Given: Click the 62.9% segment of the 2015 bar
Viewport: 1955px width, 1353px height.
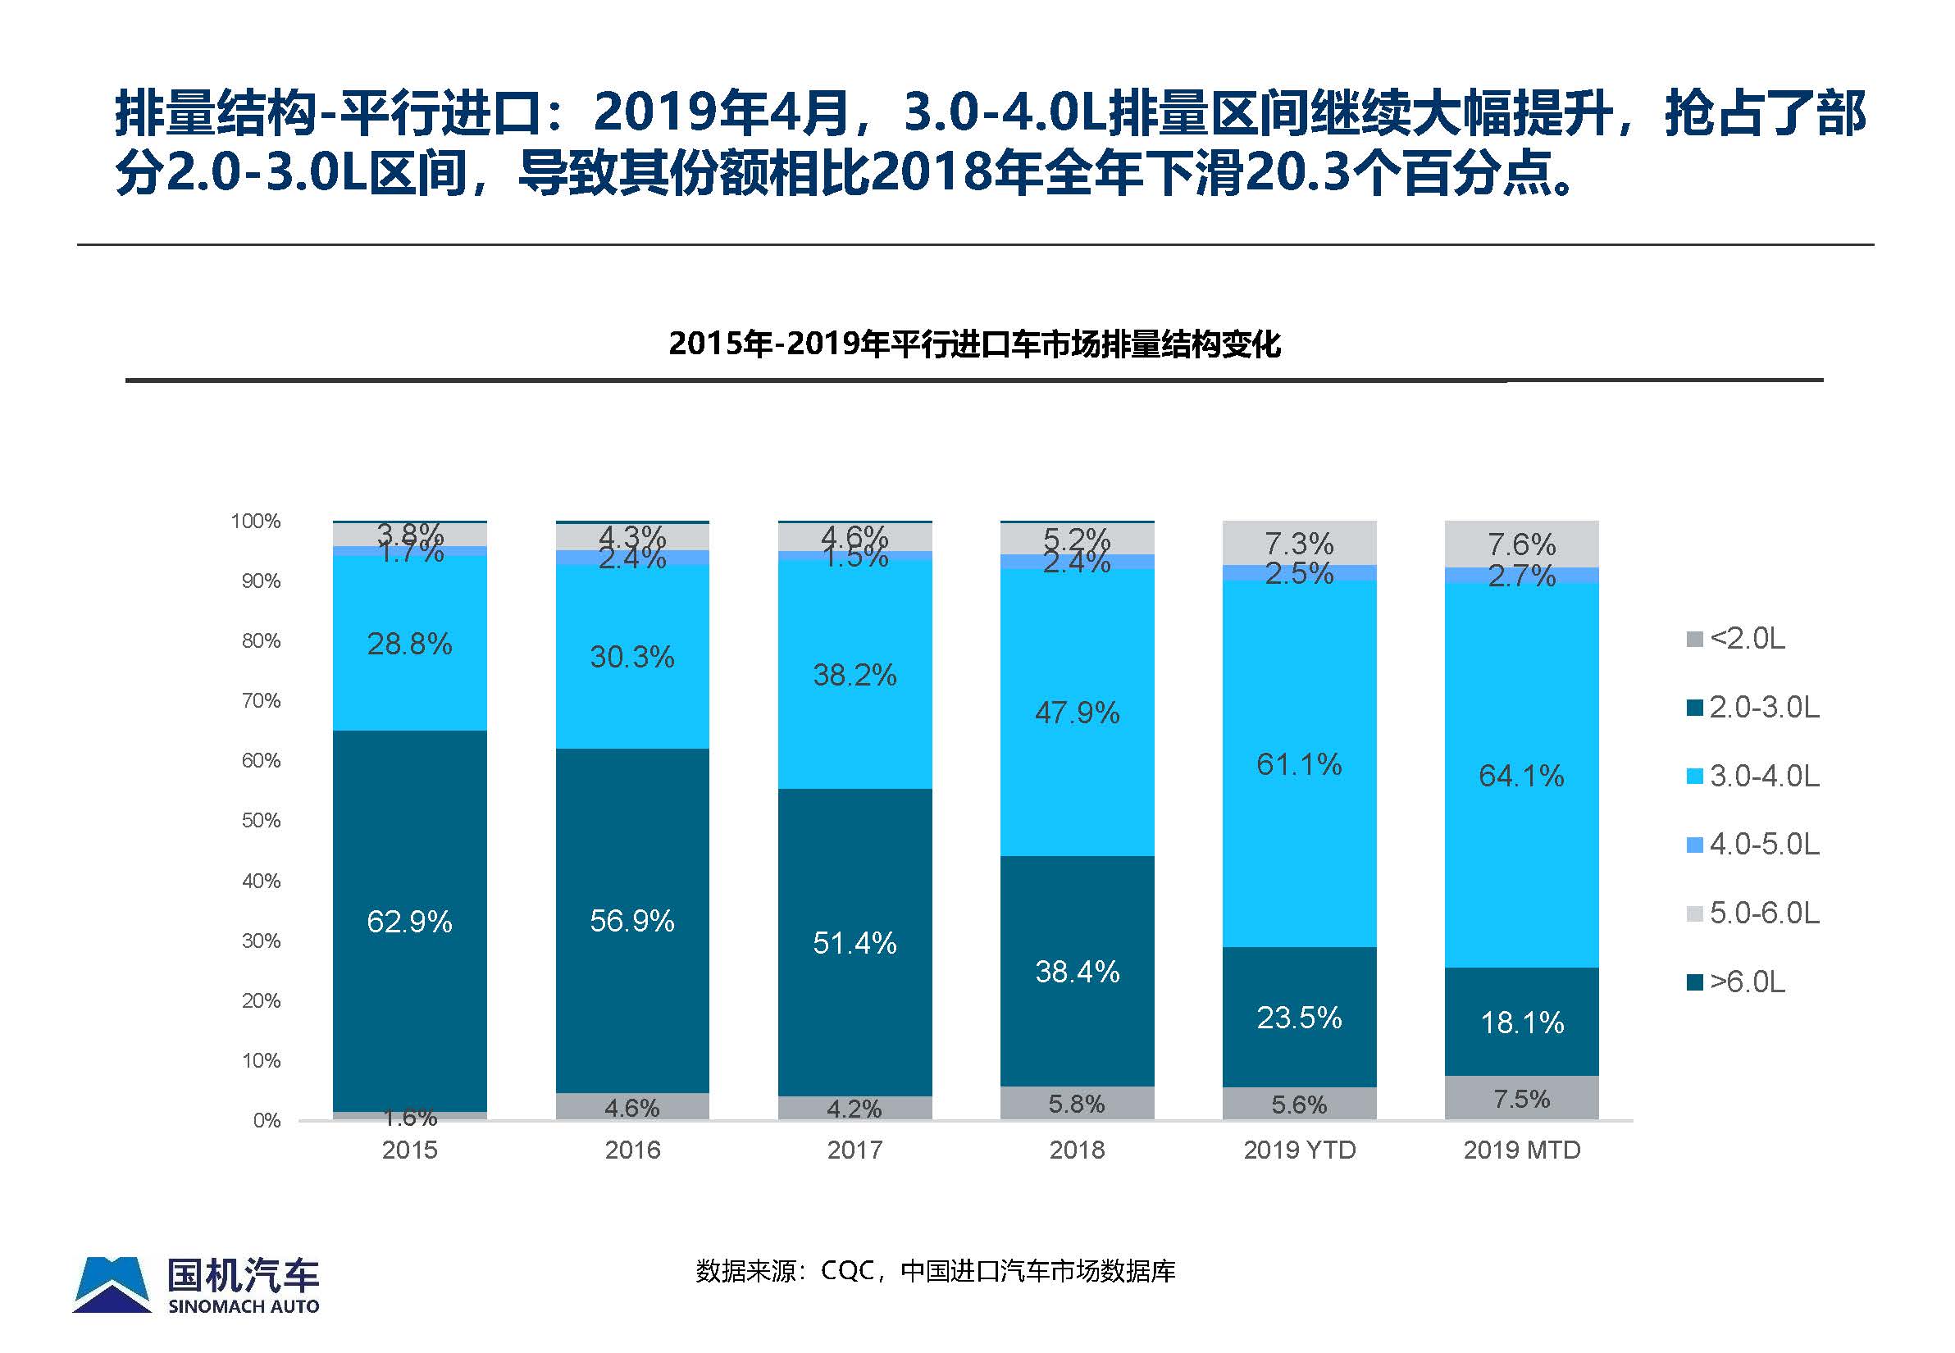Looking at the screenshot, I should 409,922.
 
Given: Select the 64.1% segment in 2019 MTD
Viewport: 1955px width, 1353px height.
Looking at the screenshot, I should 1521,776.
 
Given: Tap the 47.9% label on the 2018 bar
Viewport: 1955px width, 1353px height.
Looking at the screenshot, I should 1077,713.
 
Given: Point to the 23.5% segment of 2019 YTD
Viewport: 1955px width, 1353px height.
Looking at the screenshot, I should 1299,1018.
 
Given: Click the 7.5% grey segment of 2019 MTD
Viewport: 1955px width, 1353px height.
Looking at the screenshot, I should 1521,1099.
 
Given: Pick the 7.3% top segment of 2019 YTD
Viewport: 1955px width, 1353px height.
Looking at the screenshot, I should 1299,543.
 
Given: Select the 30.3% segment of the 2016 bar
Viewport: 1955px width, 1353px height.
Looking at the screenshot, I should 631,657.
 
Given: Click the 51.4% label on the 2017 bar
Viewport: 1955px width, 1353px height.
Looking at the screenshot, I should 854,943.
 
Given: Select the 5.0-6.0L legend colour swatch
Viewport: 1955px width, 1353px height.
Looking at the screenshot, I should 1695,913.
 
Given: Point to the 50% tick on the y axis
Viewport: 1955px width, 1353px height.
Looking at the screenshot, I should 260,821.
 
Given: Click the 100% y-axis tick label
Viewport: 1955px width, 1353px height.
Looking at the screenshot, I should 255,521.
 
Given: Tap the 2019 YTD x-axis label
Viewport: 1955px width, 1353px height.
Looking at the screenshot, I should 1299,1150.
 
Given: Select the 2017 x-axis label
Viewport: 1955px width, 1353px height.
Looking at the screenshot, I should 854,1150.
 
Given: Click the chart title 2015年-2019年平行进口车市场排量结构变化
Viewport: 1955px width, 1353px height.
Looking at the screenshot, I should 974,344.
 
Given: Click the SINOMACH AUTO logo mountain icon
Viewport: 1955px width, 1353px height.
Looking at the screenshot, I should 112,1285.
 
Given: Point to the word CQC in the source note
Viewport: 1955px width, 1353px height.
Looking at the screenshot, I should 847,1271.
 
